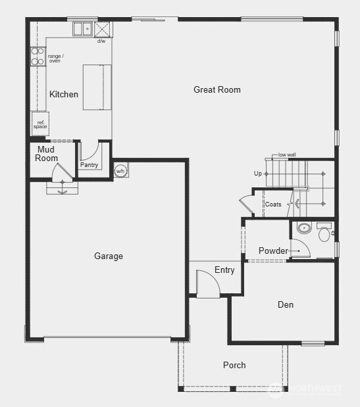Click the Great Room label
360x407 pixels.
click(x=217, y=89)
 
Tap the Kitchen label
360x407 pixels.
click(x=64, y=94)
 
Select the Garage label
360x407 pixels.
click(x=109, y=256)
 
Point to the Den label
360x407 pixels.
click(x=285, y=304)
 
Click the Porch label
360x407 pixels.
click(x=234, y=365)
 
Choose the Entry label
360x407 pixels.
click(x=224, y=270)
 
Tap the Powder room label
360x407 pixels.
click(x=273, y=251)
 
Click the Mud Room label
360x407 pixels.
click(x=47, y=154)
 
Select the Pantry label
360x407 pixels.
click(x=89, y=165)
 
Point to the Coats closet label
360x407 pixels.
click(x=273, y=204)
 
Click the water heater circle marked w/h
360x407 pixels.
click(x=120, y=171)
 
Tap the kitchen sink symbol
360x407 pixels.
click(x=83, y=29)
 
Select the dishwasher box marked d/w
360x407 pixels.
click(x=103, y=30)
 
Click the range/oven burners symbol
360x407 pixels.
click(x=38, y=57)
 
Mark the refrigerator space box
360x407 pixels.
click(x=40, y=123)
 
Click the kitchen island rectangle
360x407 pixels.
click(x=97, y=87)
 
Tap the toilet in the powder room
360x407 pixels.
click(x=324, y=232)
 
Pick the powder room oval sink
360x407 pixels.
click(x=304, y=229)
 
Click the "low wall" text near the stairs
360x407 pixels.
click(x=287, y=155)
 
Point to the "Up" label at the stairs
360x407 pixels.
click(x=258, y=174)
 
